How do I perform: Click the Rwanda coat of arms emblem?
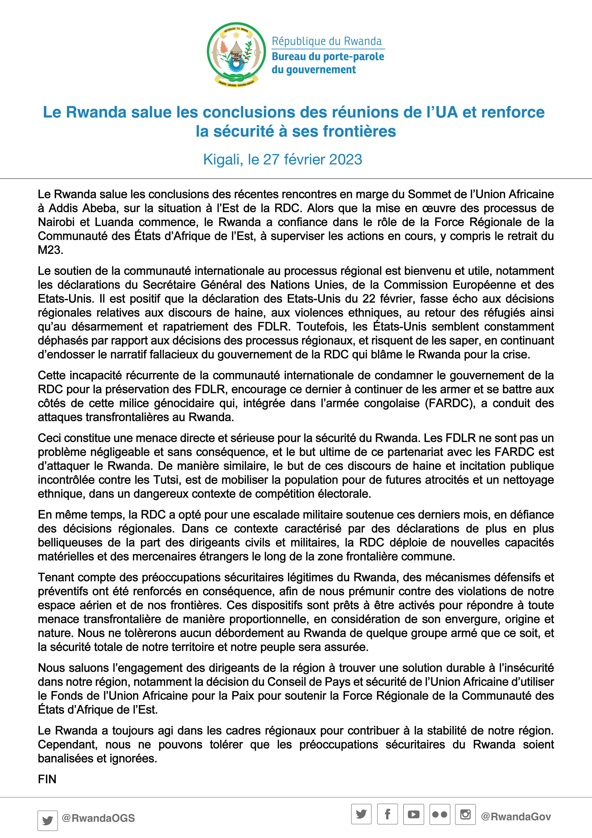pyautogui.click(x=236, y=54)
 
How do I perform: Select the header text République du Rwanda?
pyautogui.click(x=327, y=41)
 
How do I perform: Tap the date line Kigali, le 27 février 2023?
pyautogui.click(x=283, y=160)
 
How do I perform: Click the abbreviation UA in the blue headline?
pyautogui.click(x=446, y=112)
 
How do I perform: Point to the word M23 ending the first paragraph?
pyautogui.click(x=50, y=250)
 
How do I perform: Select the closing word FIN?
pyautogui.click(x=47, y=779)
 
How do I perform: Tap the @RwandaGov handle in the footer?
pyautogui.click(x=516, y=817)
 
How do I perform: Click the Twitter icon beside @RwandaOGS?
pyautogui.click(x=47, y=821)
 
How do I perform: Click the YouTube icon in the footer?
pyautogui.click(x=414, y=814)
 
